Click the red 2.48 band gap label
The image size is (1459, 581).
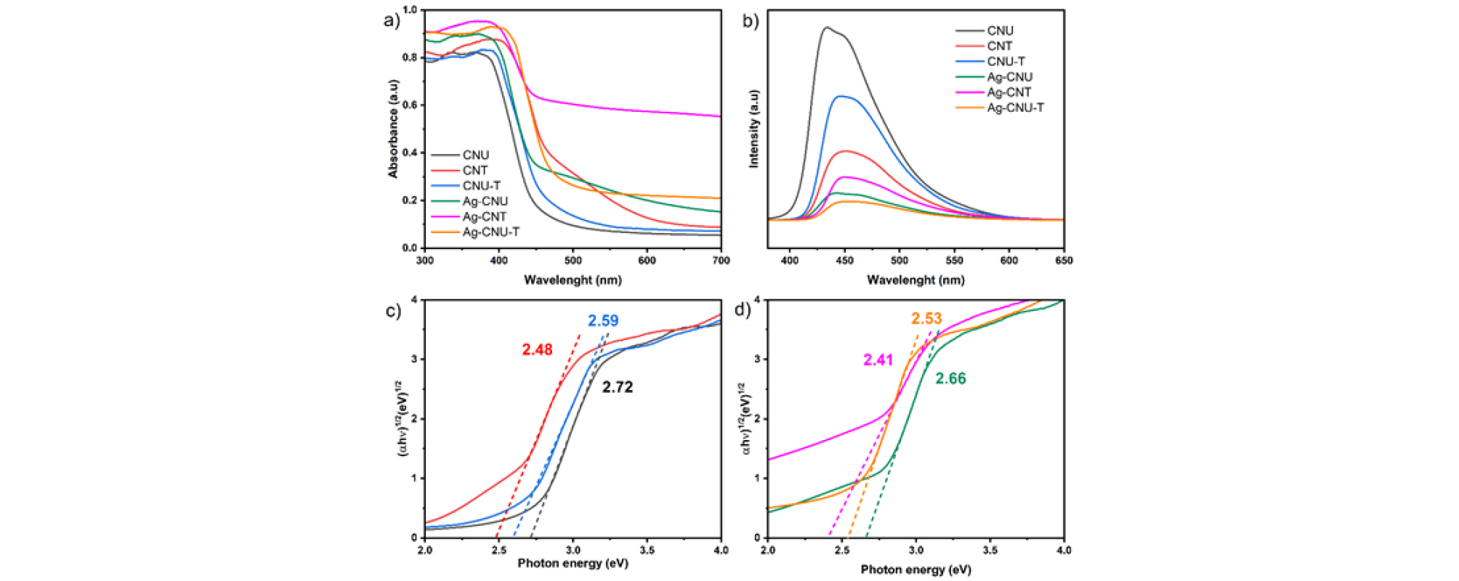[x=537, y=350]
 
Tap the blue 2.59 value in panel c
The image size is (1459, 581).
[x=603, y=321]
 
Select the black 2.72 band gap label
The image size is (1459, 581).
[x=618, y=388]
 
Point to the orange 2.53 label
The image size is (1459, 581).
[x=926, y=319]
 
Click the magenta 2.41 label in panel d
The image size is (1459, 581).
[x=878, y=360]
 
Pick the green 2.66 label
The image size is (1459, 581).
[x=950, y=379]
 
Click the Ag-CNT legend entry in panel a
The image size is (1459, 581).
[x=484, y=217]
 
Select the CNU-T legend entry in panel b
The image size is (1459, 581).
[x=1006, y=62]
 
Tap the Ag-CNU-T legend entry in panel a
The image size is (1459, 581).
[x=490, y=232]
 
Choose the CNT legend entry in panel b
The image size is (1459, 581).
[x=999, y=46]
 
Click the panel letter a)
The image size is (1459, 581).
[x=392, y=20]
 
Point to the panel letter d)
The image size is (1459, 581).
[x=742, y=310]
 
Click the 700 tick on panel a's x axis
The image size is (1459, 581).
[x=721, y=261]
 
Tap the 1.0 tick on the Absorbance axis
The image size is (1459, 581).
[x=410, y=10]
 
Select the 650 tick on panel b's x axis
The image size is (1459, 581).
[x=1064, y=261]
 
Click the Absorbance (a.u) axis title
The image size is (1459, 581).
[x=393, y=129]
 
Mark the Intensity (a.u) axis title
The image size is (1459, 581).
[x=753, y=129]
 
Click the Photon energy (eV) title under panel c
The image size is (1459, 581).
[x=573, y=564]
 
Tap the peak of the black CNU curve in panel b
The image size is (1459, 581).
[x=826, y=28]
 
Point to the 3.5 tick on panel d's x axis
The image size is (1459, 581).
[x=990, y=550]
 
